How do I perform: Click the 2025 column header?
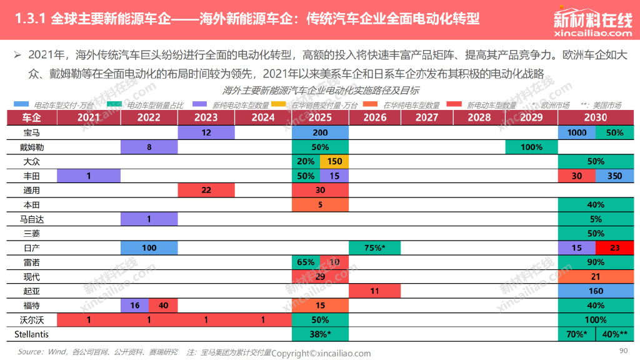pos(320,117)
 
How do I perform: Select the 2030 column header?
pos(596,117)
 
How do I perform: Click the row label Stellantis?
pos(31,334)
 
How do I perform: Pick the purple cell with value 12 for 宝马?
pos(206,132)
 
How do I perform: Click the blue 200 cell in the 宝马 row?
pos(320,132)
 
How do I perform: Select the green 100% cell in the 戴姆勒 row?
pos(531,147)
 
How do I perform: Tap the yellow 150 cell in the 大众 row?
pos(334,161)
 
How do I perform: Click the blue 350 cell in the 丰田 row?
pos(614,176)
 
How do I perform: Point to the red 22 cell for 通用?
pos(206,190)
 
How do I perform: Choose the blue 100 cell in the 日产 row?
pos(149,247)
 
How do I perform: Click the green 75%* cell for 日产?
pos(374,247)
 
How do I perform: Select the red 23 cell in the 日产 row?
pos(614,247)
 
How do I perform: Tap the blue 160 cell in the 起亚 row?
pos(596,291)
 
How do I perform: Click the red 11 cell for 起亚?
pos(374,291)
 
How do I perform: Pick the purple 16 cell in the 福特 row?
pos(134,305)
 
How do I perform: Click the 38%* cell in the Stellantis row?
pos(320,334)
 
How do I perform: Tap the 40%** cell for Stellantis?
pos(615,334)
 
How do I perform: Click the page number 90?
pos(622,350)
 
